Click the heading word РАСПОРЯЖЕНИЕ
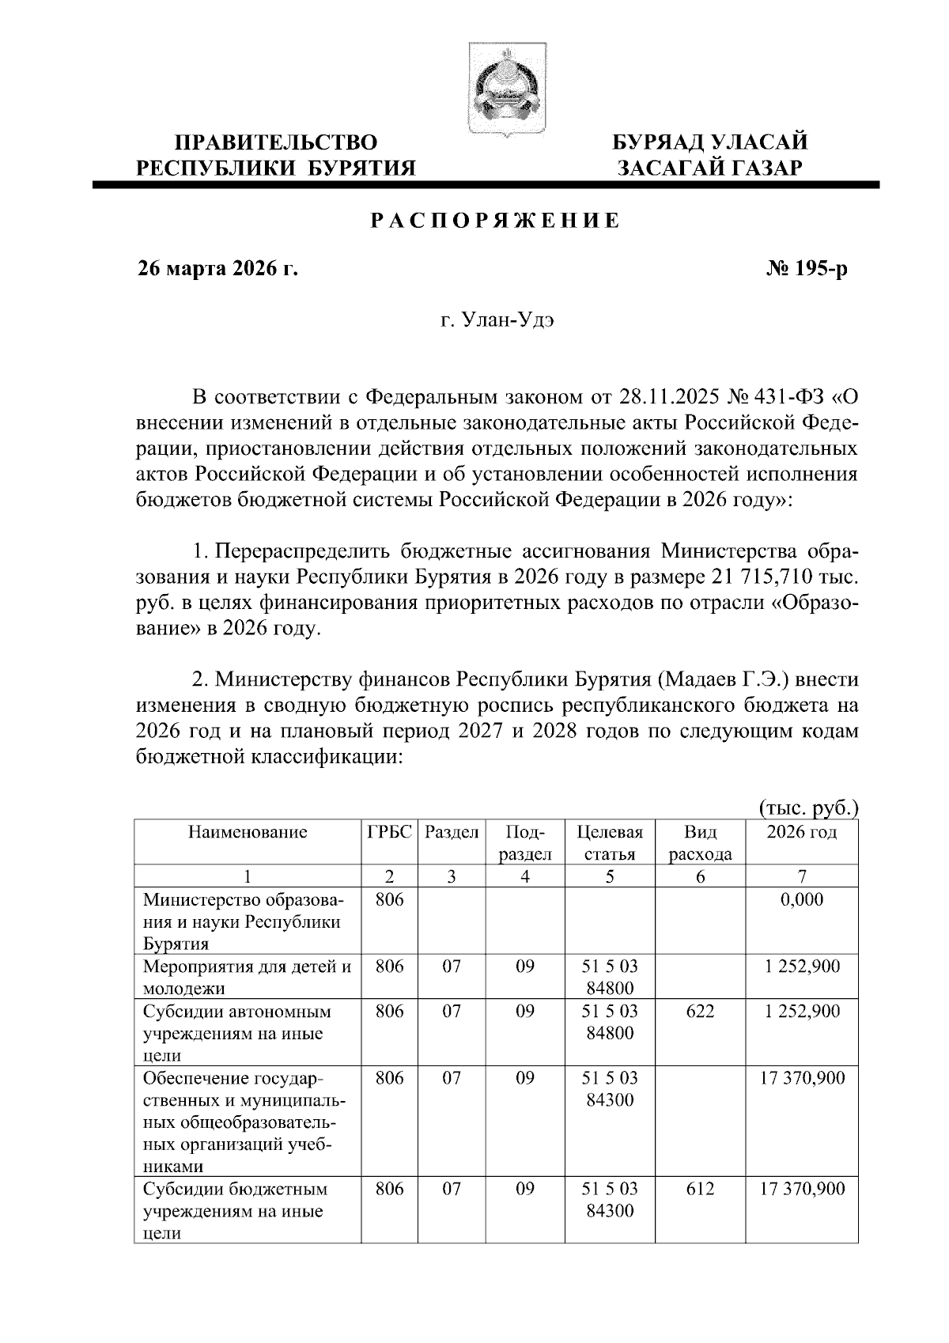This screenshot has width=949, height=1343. (496, 221)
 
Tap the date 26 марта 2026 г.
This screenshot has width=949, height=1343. (218, 270)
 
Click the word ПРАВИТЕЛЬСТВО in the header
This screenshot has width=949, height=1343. (276, 143)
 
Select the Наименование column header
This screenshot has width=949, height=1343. (248, 832)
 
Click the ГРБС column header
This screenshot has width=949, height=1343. (390, 832)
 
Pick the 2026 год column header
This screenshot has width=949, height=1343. (802, 832)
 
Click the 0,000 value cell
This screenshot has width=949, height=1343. (802, 899)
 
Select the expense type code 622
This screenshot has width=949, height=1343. (700, 1012)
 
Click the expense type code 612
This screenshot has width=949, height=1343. (700, 1189)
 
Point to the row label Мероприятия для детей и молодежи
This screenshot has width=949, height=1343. (248, 977)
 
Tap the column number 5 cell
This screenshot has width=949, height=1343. (610, 876)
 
